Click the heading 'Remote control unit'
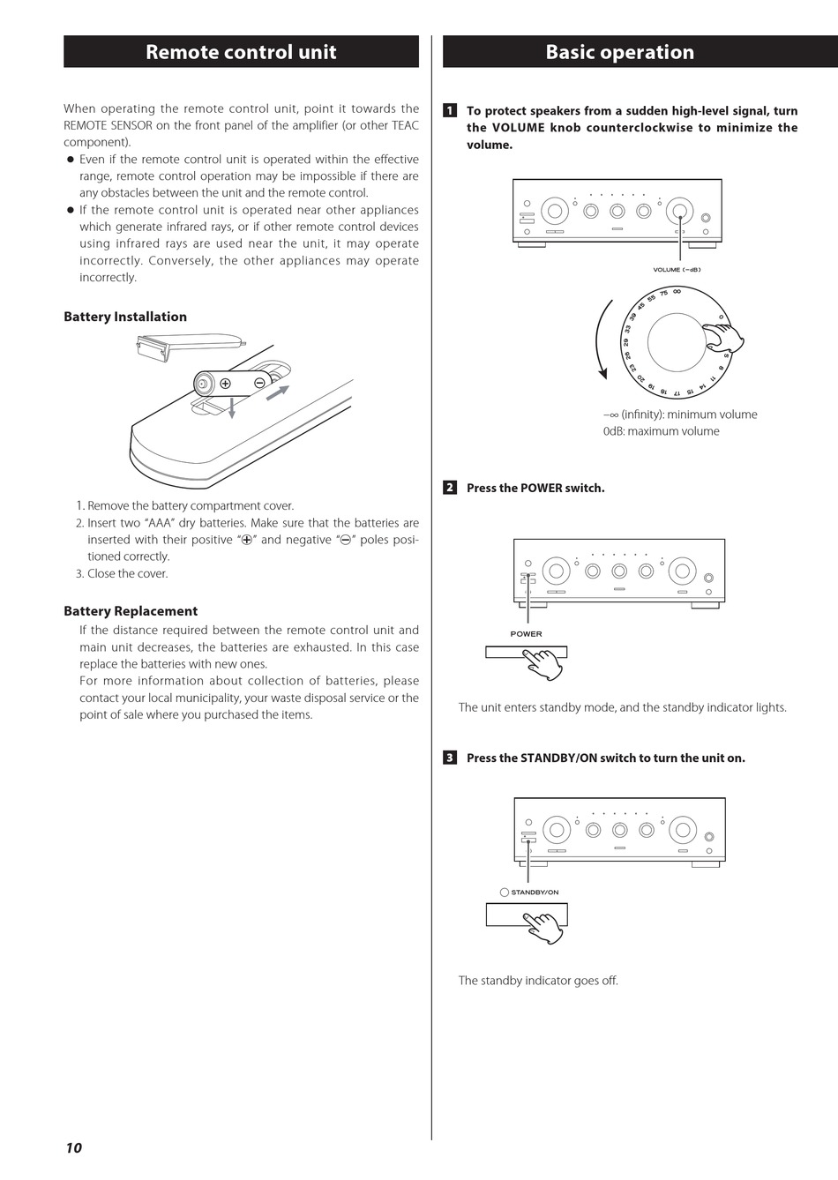241,52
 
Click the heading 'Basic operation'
620,52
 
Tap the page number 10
74,1147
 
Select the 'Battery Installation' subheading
125,317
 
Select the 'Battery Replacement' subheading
131,611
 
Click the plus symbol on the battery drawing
225,384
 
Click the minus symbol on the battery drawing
259,383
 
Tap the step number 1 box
450,111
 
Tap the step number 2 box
450,488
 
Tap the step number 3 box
450,758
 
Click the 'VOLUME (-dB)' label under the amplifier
677,270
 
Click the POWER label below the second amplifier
526,634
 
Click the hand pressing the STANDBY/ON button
544,928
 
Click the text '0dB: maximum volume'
661,431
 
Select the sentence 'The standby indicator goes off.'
538,981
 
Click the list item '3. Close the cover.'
122,573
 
